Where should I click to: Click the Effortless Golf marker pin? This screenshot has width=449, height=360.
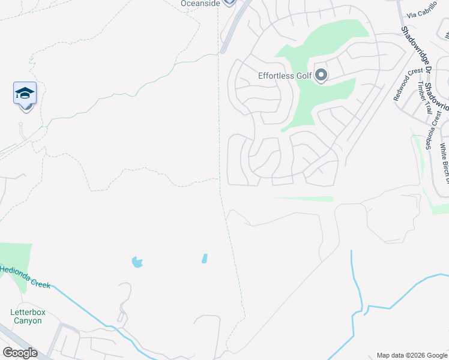coord(321,75)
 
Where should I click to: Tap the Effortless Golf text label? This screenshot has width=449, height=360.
coord(285,76)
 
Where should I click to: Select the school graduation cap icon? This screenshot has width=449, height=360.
coord(25,94)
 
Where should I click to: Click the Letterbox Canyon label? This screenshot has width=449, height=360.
coord(28,316)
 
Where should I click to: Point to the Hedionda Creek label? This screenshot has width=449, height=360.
coord(25,277)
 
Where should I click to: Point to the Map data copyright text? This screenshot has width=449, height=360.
coord(412,355)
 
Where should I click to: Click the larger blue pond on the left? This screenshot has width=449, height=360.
coord(137,262)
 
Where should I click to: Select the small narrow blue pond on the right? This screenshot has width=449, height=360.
coord(205,259)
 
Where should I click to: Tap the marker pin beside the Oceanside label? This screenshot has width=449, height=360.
coord(228,2)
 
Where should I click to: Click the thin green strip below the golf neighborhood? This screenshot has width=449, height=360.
coord(304,199)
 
